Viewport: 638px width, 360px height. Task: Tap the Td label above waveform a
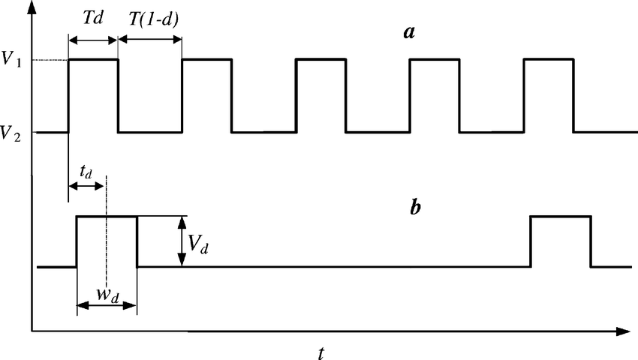point(93,16)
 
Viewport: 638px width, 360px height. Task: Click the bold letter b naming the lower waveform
point(415,208)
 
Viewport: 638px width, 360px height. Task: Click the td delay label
point(86,172)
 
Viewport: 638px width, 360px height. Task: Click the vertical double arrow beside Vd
point(181,241)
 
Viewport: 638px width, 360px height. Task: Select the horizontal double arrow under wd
point(107,305)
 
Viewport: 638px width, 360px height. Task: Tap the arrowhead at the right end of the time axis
point(621,331)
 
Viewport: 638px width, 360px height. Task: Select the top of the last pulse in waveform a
point(549,58)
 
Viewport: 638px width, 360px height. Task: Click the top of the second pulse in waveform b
point(560,217)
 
